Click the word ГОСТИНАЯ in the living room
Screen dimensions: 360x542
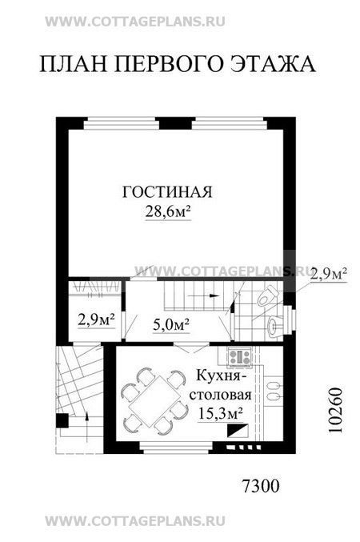167,192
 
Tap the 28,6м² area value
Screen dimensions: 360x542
168,211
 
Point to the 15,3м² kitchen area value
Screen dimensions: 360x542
219,413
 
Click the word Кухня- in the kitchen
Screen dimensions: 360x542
221,375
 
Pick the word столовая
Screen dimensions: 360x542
220,395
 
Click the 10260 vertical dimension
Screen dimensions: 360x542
335,410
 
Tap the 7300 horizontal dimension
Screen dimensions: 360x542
261,487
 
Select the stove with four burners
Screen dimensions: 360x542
240,357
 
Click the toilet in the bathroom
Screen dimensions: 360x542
267,296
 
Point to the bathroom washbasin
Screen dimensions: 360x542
274,325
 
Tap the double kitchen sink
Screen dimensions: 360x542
274,390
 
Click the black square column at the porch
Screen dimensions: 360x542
62,420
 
